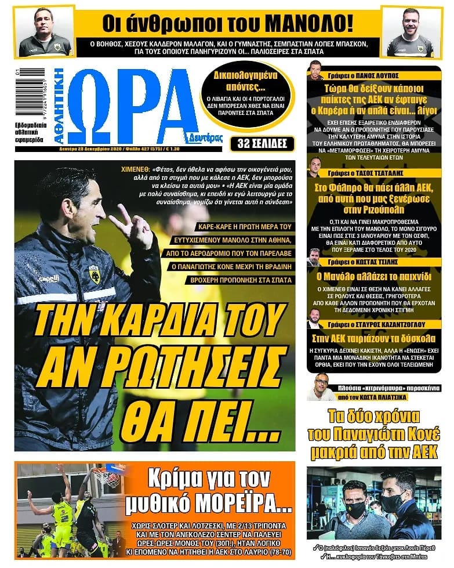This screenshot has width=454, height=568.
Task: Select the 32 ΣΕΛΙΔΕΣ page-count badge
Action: tap(261, 143)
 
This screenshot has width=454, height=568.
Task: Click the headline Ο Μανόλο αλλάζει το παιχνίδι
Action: tap(374, 277)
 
